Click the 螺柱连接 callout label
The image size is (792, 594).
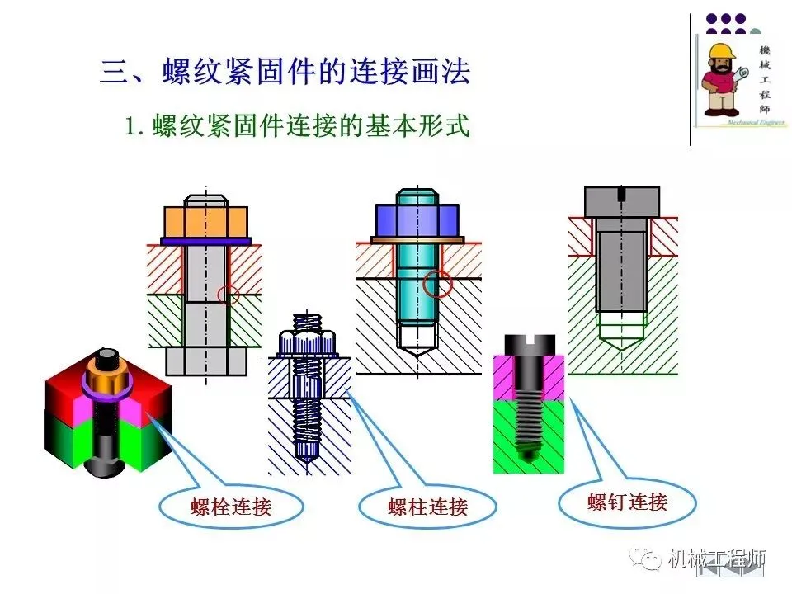point(427,507)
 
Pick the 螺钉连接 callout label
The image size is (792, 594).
point(627,501)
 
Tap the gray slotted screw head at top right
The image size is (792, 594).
point(622,200)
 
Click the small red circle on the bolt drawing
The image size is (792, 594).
point(229,294)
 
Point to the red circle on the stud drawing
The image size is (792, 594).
point(437,283)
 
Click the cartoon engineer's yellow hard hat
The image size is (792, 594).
point(721,51)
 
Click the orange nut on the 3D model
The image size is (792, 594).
point(106,382)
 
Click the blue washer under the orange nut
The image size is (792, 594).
point(206,241)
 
